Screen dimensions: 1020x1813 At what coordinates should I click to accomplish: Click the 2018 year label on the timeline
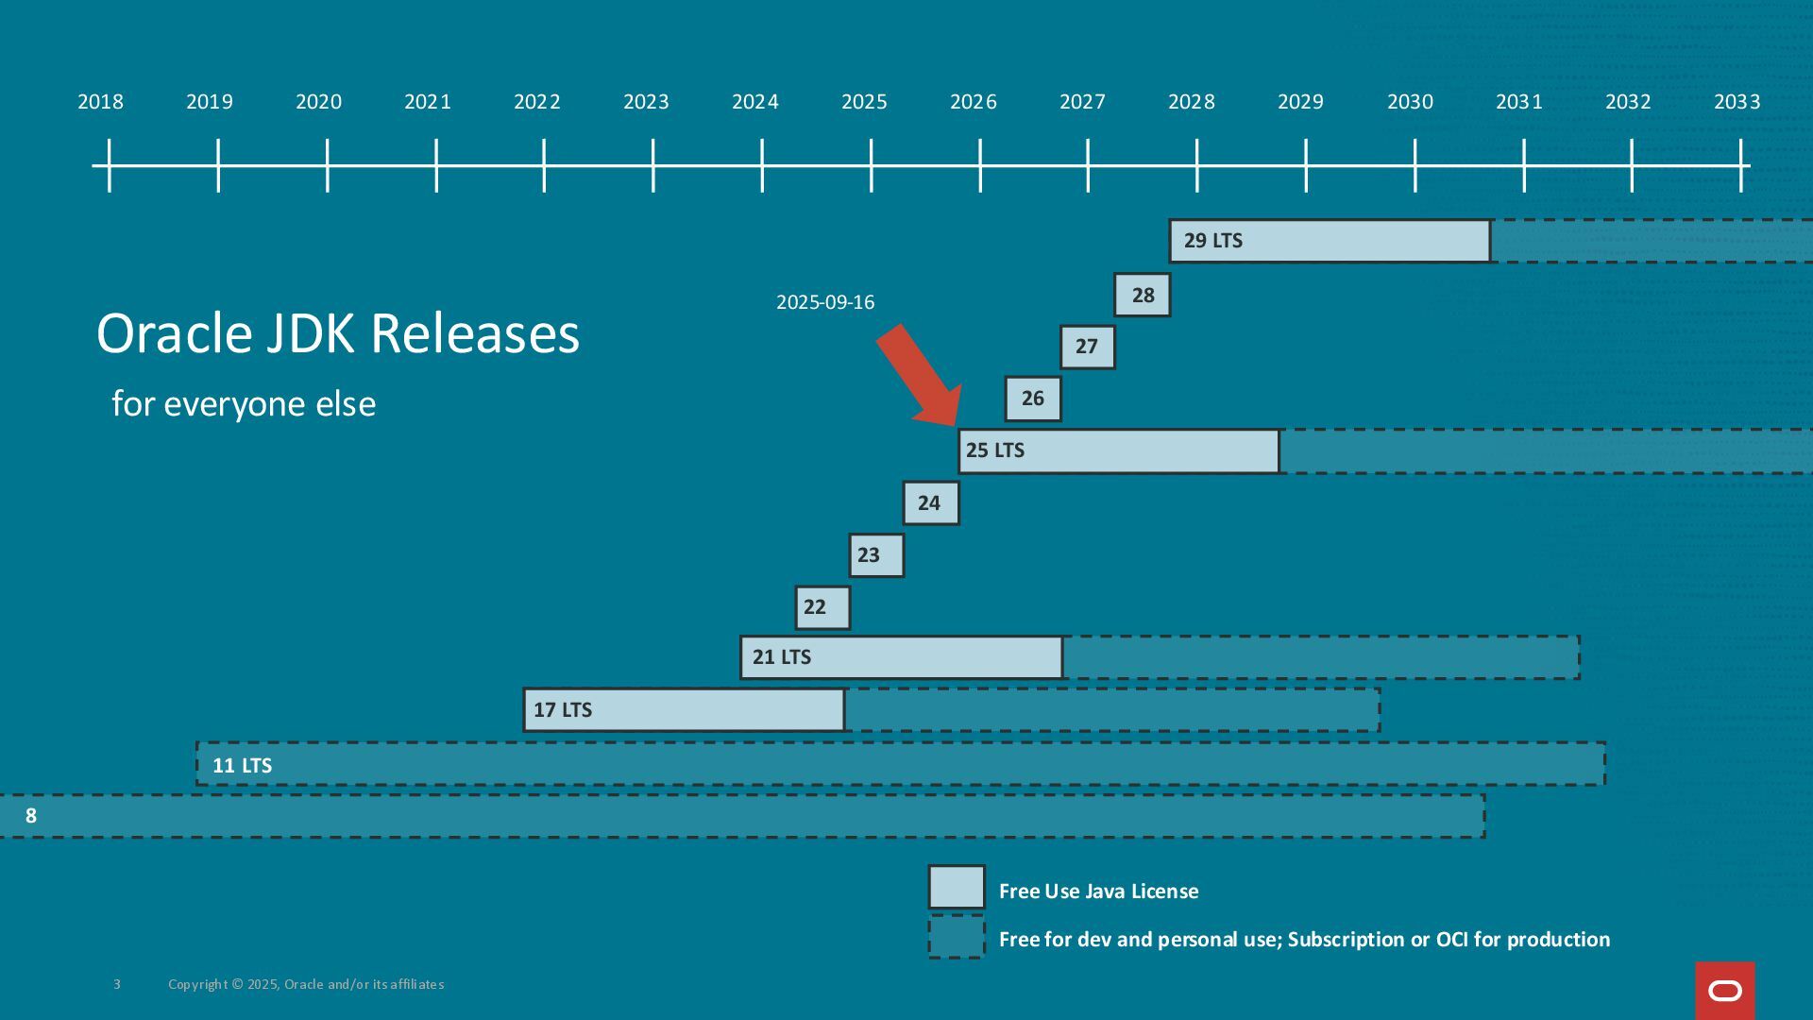coord(100,102)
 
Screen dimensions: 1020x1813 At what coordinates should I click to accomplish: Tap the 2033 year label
coord(1737,102)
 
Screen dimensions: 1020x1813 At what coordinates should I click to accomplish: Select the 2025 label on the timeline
coord(864,102)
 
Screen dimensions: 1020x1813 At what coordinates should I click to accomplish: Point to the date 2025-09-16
coord(825,302)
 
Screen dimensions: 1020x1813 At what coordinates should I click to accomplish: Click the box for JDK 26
coord(1033,399)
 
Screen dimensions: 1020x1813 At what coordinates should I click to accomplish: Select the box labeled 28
coord(1143,296)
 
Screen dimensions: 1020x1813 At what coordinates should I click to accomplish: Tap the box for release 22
coord(822,607)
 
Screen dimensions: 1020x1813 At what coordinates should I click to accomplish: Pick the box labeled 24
coord(930,503)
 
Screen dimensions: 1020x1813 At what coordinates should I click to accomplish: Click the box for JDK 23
coord(876,555)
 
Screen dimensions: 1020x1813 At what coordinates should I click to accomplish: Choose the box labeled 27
coord(1087,347)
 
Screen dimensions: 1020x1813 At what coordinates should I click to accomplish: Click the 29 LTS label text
coord(1212,241)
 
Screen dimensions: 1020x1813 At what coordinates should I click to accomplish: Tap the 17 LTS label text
coord(563,710)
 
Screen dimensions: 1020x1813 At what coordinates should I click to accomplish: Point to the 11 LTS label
coord(242,766)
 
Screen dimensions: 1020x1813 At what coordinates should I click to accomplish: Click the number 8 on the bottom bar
coord(31,816)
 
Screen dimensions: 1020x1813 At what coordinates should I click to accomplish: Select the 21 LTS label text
coord(781,657)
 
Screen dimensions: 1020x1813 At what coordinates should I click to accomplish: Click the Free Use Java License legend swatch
coord(957,888)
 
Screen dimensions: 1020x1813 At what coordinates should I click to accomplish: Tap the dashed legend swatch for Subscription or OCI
coord(957,937)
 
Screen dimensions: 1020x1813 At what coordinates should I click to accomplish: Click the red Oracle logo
coord(1725,991)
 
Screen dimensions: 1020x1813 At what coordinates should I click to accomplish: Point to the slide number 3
coord(117,984)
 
